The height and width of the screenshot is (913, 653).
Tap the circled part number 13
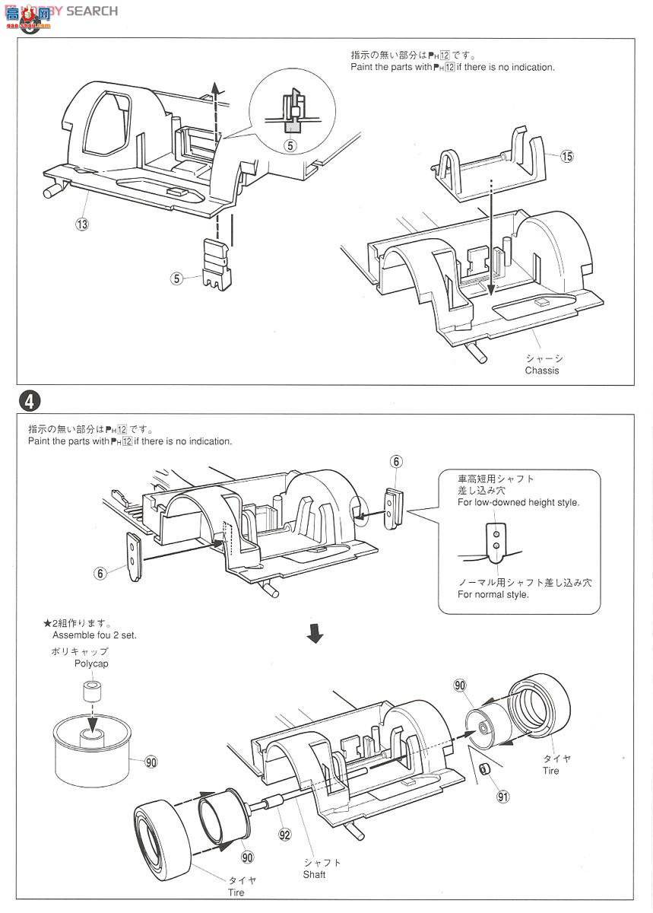(82, 224)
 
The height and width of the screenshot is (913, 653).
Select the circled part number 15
(566, 156)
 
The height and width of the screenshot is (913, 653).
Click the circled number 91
(503, 796)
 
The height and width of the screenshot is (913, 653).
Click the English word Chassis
(542, 371)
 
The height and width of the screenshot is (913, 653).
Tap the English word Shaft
(314, 874)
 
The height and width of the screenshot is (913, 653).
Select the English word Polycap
(91, 663)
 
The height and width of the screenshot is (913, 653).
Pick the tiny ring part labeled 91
(485, 770)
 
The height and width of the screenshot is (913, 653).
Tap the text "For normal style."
(493, 595)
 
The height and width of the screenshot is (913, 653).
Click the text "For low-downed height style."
(518, 502)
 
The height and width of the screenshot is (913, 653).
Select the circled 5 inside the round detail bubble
(290, 145)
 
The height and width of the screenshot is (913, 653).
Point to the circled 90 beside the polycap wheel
(151, 762)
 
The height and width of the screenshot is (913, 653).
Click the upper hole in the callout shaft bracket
(496, 534)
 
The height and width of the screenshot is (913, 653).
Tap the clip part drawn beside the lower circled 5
(217, 265)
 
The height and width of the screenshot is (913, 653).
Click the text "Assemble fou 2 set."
(94, 635)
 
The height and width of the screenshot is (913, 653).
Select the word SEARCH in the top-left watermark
(92, 11)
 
